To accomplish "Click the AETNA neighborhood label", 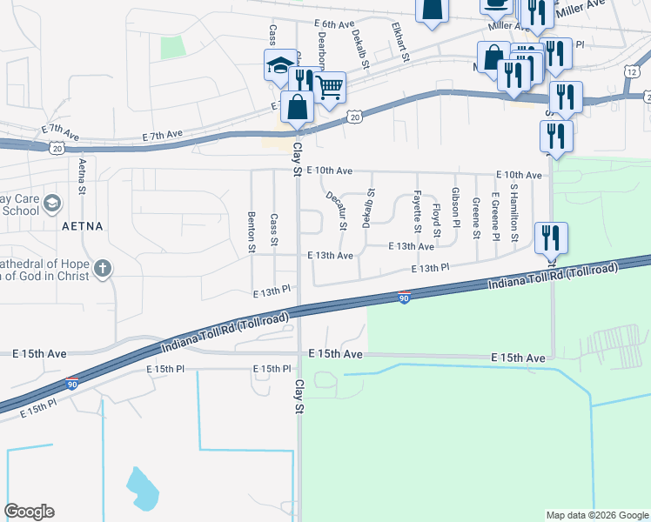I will pos(83,226).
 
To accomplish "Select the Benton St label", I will pos(252,233).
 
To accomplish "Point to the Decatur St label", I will pos(337,211).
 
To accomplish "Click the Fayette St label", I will pos(418,212).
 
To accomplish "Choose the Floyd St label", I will pos(437,221).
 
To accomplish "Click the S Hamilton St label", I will pos(514,212).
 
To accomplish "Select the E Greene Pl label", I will pos(494,213).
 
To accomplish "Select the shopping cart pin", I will pos(329,86).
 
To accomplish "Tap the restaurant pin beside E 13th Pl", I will pos(551,237).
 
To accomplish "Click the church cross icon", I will pos(103,268).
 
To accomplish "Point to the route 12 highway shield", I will pos(631,72).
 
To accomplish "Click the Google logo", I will pos(29,512).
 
